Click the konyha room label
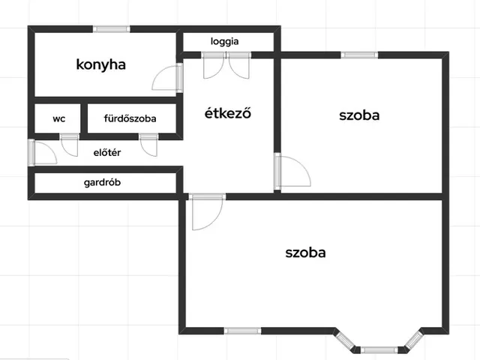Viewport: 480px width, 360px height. [x=100, y=65]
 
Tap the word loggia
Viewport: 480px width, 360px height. [x=224, y=42]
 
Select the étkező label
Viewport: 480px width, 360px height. [x=228, y=113]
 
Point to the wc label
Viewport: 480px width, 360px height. [x=58, y=118]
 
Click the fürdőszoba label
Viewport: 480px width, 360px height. [x=130, y=118]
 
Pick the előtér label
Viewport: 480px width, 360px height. [x=107, y=152]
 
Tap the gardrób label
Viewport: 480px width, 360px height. [x=102, y=182]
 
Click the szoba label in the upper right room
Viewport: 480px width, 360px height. [x=359, y=115]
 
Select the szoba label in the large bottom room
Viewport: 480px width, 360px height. [x=305, y=253]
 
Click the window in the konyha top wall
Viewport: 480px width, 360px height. [x=112, y=29]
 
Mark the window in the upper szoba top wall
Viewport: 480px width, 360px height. [x=359, y=55]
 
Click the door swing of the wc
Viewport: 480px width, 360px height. [x=70, y=145]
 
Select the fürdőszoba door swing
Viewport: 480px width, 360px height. [x=148, y=145]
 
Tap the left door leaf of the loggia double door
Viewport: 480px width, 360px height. [x=213, y=66]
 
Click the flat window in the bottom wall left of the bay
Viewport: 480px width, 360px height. [x=242, y=331]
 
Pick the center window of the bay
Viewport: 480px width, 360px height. [x=379, y=350]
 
